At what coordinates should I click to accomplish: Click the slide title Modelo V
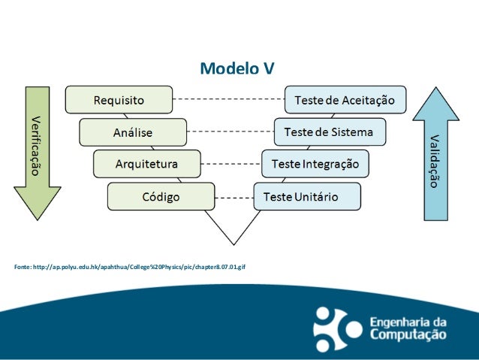[x=236, y=68]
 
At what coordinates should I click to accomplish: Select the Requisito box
[x=119, y=99]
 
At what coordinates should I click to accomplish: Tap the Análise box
[x=133, y=132]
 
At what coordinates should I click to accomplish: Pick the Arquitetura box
[x=146, y=163]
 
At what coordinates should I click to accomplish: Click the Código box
[x=161, y=197]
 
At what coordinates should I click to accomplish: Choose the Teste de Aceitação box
[x=345, y=99]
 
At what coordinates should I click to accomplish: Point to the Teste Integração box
[x=315, y=163]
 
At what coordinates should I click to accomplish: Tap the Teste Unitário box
[x=306, y=197]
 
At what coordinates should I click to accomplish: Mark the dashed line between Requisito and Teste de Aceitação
[x=228, y=98]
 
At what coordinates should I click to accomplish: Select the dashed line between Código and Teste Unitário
[x=233, y=198]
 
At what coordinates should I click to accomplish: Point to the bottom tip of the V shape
[x=233, y=244]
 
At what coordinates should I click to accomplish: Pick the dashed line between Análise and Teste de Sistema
[x=230, y=132]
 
